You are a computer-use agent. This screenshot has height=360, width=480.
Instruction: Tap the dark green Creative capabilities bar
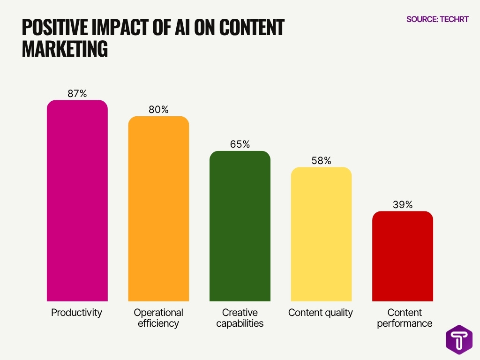tap(240, 226)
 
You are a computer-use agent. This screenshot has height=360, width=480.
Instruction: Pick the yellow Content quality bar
tap(321, 234)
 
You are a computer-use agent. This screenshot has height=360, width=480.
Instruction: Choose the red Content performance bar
tap(403, 256)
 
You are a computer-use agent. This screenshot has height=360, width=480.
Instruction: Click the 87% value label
tap(77, 94)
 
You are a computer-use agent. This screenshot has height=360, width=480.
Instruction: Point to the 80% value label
tap(158, 110)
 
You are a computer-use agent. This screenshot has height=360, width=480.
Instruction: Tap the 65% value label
tap(240, 144)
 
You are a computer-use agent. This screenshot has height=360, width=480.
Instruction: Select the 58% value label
tap(321, 160)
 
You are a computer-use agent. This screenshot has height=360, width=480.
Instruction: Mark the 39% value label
tap(403, 204)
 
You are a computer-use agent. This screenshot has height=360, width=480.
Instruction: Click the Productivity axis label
tap(76, 313)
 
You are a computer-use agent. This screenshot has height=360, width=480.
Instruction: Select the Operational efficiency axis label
tap(158, 318)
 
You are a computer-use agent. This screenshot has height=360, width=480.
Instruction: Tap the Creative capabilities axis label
tap(240, 318)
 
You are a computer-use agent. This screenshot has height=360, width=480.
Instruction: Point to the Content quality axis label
tap(321, 313)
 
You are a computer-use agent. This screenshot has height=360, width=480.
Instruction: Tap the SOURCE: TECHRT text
tap(437, 19)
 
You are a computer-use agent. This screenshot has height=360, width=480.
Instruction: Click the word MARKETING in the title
tap(65, 49)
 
